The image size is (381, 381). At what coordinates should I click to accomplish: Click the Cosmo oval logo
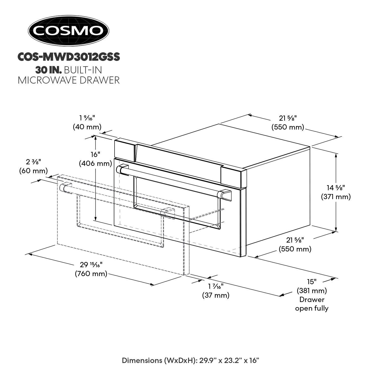point(68,31)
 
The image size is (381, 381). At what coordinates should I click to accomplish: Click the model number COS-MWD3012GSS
point(69,57)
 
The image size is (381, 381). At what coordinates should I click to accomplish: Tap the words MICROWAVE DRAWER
point(69,80)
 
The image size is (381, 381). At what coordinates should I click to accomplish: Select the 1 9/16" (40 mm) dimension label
point(87,122)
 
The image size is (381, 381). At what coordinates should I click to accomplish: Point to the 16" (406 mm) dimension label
point(96,159)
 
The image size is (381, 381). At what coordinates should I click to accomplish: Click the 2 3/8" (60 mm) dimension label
point(34,166)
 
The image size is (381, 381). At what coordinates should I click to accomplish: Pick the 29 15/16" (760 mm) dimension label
point(91,269)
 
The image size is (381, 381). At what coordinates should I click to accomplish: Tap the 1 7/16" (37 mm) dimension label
point(216,291)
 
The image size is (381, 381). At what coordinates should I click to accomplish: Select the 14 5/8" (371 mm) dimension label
point(336,192)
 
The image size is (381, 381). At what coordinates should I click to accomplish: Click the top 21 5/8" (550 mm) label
point(288,122)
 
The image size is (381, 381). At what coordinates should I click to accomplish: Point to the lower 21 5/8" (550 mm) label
point(295,244)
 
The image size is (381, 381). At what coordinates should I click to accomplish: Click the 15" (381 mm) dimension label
point(312,286)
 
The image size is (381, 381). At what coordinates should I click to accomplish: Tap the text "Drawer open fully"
point(312,304)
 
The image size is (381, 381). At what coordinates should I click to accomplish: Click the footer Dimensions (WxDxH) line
point(190,360)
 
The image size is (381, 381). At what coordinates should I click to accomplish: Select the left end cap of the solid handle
point(122,169)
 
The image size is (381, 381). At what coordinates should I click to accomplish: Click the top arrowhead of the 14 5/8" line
point(336,155)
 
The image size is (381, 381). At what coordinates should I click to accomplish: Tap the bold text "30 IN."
point(49,69)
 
